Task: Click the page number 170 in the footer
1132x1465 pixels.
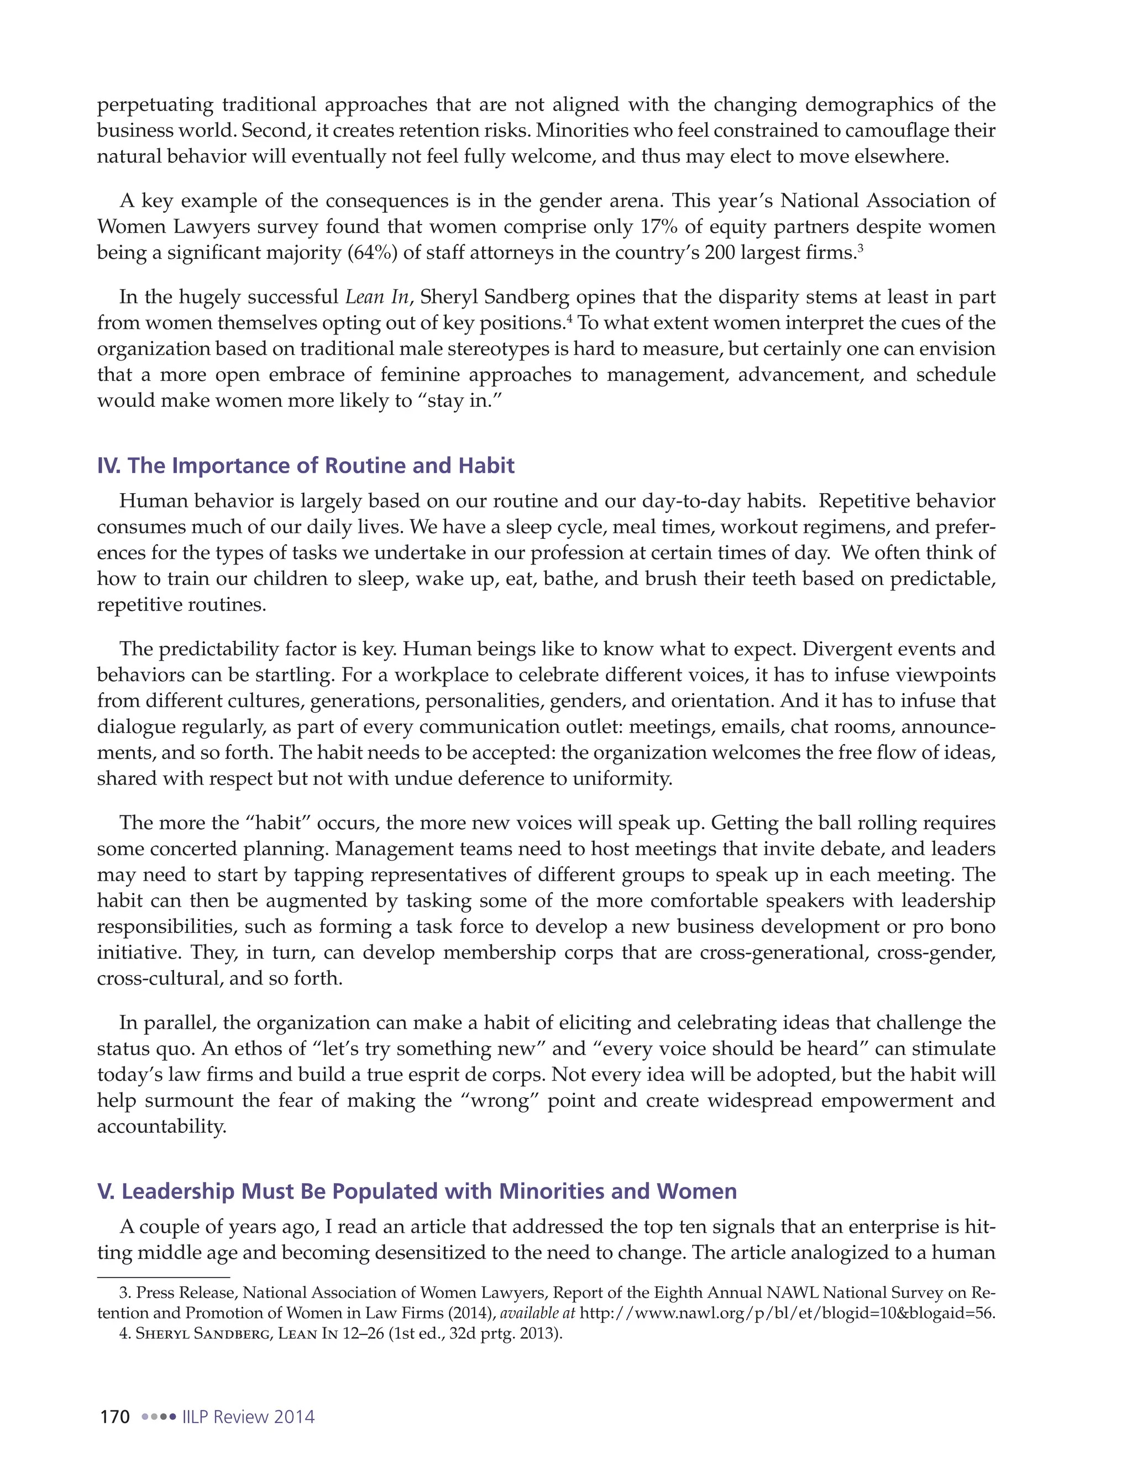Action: (x=114, y=1417)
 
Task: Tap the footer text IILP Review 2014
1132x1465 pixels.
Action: (x=248, y=1417)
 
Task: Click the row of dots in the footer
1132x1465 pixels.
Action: (x=159, y=1417)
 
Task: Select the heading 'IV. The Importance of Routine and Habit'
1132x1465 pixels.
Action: (x=306, y=465)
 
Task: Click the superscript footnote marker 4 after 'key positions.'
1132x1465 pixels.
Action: (x=569, y=317)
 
